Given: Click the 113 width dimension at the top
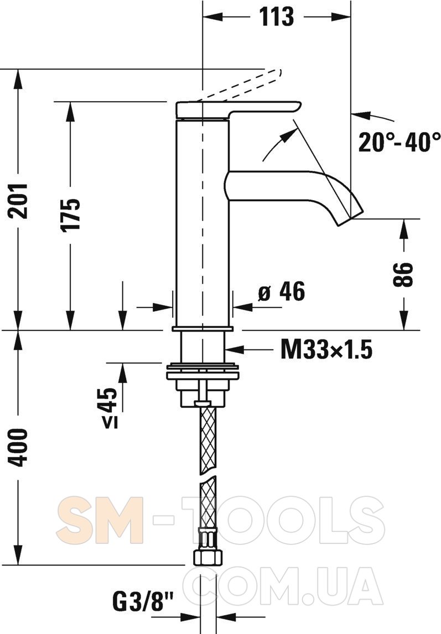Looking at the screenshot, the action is [x=277, y=17].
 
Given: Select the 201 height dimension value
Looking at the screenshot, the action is [x=18, y=201].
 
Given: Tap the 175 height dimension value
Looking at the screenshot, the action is [x=71, y=214].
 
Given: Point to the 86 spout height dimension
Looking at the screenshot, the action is [x=403, y=275].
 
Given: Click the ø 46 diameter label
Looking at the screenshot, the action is [x=282, y=291].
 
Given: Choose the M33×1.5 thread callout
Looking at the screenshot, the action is [x=326, y=350].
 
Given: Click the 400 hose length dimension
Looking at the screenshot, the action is [x=18, y=448].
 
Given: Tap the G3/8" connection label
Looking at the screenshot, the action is [x=142, y=603].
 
